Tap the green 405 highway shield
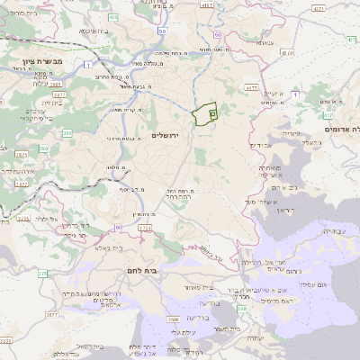pyautogui.click(x=112, y=17)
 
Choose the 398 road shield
pyautogui.click(x=242, y=309)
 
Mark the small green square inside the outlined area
pyautogui.click(x=213, y=114)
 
